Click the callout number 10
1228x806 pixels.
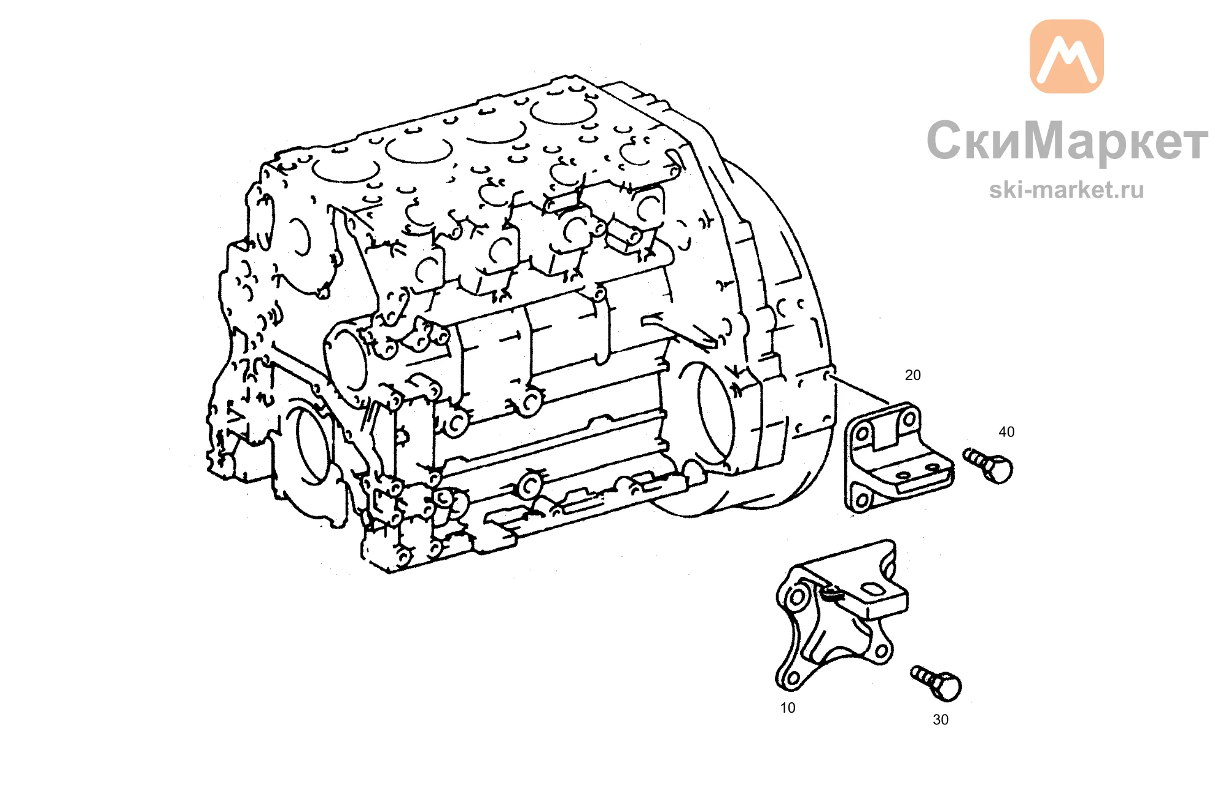(787, 708)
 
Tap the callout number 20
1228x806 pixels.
(912, 375)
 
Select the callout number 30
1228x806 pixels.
(940, 720)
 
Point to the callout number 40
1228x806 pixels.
(1006, 432)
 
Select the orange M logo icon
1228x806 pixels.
(1067, 56)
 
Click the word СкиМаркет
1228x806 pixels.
(1067, 141)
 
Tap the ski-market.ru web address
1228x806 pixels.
(1067, 190)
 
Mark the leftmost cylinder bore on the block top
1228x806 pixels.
(346, 168)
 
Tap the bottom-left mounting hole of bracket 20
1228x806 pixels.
(862, 500)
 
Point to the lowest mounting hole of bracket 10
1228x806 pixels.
(792, 678)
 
